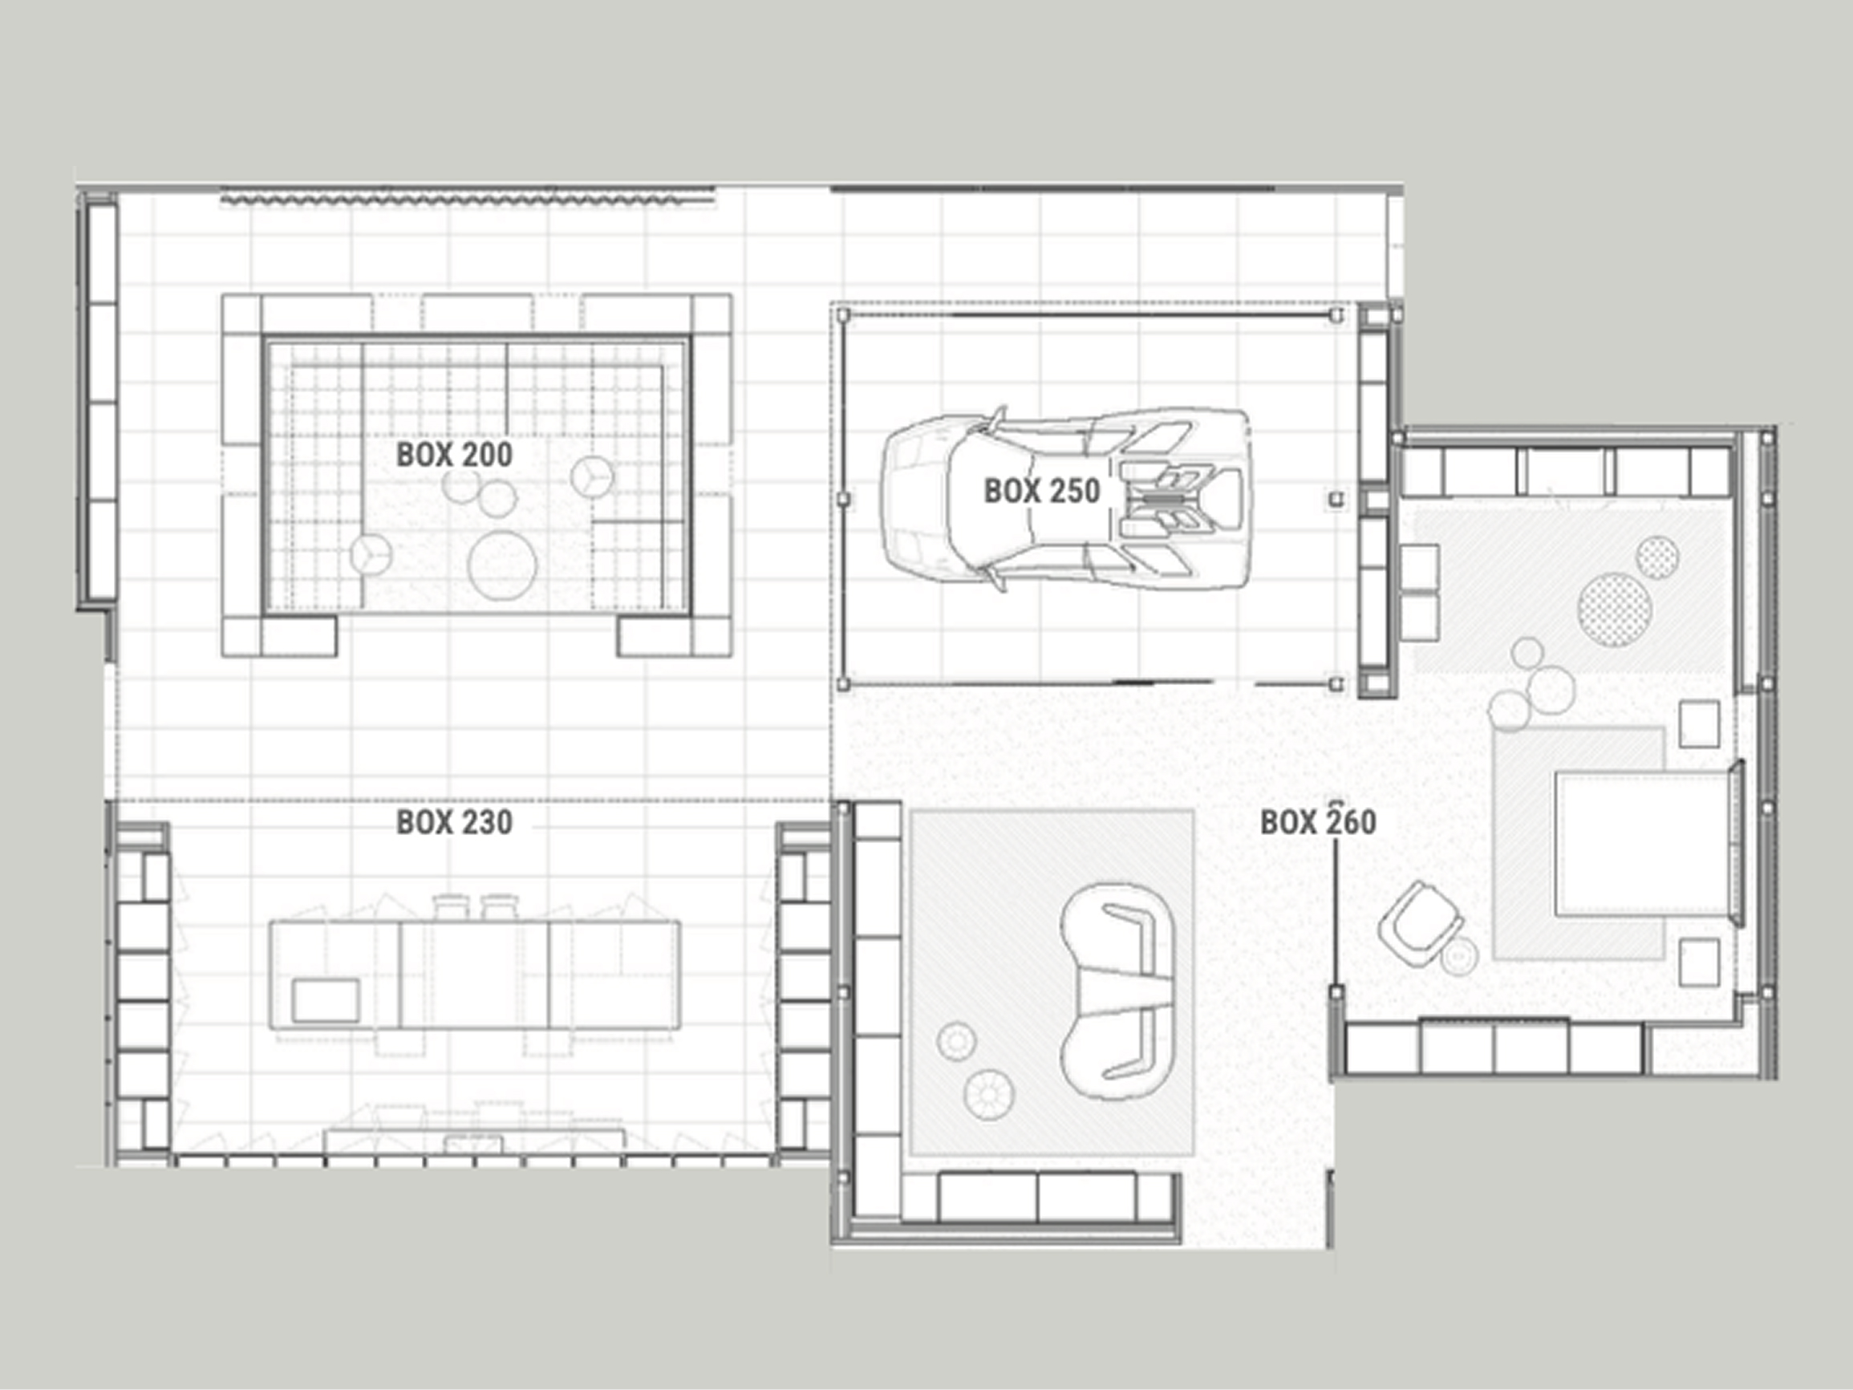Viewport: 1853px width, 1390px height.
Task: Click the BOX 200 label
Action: pyautogui.click(x=454, y=454)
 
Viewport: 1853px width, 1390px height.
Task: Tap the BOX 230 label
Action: pyautogui.click(x=454, y=822)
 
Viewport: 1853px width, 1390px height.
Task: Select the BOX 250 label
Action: pyautogui.click(x=1041, y=491)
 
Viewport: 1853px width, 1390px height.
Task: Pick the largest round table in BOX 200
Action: pyautogui.click(x=502, y=565)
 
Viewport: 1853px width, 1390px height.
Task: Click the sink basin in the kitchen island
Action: pyautogui.click(x=326, y=1000)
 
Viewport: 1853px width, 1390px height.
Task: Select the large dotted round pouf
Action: pyautogui.click(x=1614, y=609)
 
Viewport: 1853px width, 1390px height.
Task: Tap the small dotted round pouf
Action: pyautogui.click(x=1657, y=557)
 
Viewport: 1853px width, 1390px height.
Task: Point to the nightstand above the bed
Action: pyautogui.click(x=1700, y=724)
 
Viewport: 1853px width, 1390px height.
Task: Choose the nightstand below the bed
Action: pyautogui.click(x=1700, y=961)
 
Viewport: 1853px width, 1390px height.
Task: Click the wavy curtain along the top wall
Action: pyautogui.click(x=468, y=200)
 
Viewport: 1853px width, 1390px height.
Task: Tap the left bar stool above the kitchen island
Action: pyautogui.click(x=450, y=908)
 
